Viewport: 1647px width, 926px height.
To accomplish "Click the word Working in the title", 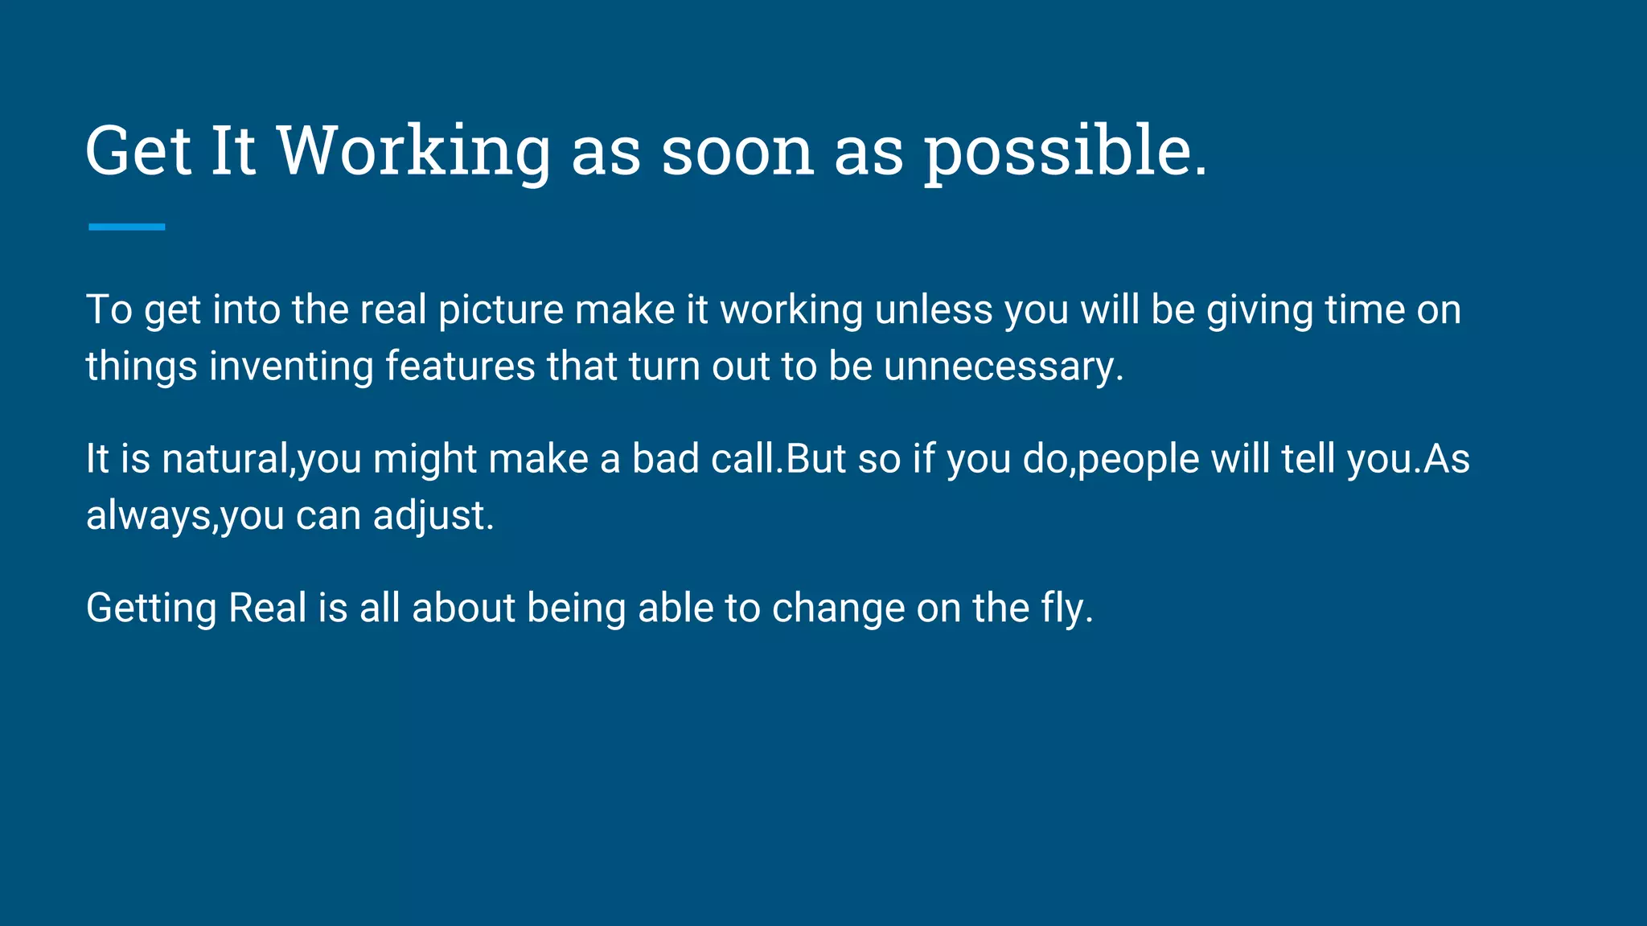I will pos(413,151).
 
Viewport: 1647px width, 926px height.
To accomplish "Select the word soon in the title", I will pos(737,151).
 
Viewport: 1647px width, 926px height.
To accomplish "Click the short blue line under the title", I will pos(126,227).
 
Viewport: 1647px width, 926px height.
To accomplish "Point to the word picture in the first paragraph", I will pos(501,310).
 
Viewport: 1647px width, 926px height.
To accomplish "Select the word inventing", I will pos(291,367).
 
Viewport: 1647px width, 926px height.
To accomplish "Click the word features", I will pos(460,367).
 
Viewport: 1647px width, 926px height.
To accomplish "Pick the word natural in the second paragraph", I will pos(225,460).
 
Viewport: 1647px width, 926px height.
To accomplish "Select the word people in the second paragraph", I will pos(1138,460).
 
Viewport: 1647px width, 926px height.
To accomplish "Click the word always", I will pos(149,516).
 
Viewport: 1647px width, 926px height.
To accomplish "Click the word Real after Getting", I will pos(267,608).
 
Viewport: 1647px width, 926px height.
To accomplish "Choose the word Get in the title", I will pos(138,151).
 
